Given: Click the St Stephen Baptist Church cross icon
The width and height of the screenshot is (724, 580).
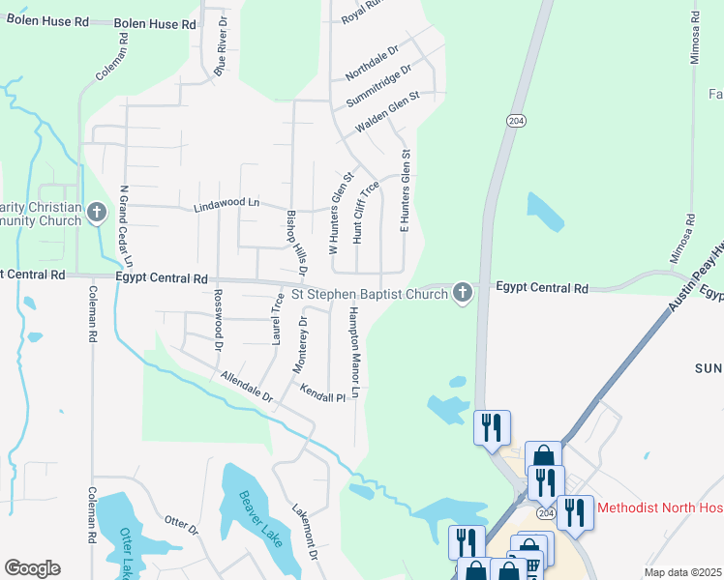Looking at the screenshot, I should pyautogui.click(x=463, y=292).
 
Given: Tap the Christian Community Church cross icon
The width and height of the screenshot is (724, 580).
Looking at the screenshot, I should pyautogui.click(x=96, y=212).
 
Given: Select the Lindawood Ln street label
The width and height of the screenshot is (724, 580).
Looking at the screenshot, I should pyautogui.click(x=227, y=205).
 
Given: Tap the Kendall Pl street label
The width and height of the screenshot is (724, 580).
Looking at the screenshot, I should pyautogui.click(x=322, y=397).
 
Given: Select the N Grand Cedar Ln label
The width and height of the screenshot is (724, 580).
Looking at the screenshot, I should pyautogui.click(x=125, y=226).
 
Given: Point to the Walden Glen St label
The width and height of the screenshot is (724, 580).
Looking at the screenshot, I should pyautogui.click(x=386, y=111).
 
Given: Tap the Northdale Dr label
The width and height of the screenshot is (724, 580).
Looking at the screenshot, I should pyautogui.click(x=374, y=63).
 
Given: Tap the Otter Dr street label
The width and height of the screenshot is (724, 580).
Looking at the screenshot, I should pyautogui.click(x=181, y=524).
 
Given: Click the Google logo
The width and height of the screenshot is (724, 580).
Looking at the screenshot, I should pyautogui.click(x=32, y=568).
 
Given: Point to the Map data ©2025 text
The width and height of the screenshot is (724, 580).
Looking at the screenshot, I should pyautogui.click(x=683, y=572).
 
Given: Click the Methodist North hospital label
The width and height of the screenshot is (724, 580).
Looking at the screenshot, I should pyautogui.click(x=660, y=507).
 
